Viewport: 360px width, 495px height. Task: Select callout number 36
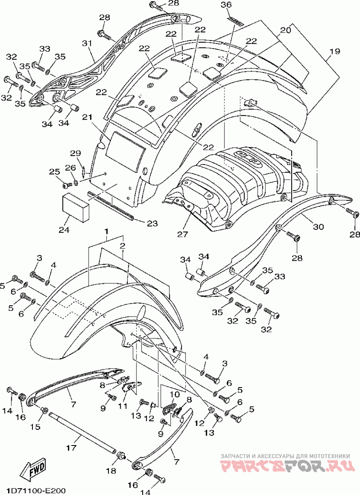[x=235, y=5]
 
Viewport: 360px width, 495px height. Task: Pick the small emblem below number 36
[x=236, y=21]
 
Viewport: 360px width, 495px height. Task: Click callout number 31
[x=87, y=43]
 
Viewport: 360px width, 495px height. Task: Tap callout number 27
[x=183, y=234]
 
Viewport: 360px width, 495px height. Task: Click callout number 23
[x=152, y=223]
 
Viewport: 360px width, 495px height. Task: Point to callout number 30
[x=318, y=226]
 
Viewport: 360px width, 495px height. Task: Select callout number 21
[x=87, y=117]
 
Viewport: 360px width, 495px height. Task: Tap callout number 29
[x=76, y=154]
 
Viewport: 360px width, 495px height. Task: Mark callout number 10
[x=175, y=394]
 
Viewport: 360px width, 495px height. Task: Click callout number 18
[x=111, y=471]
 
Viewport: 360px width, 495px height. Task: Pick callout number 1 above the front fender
[x=107, y=232]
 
